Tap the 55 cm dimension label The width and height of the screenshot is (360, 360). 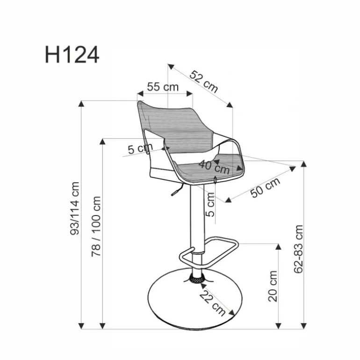pyautogui.click(x=163, y=87)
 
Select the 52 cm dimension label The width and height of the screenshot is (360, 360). pyautogui.click(x=204, y=82)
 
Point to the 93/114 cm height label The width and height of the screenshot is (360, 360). pyautogui.click(x=75, y=209)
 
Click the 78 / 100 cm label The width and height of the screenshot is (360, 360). pyautogui.click(x=96, y=226)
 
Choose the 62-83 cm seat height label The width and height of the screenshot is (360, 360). pyautogui.click(x=298, y=249)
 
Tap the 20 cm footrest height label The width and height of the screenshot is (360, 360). pyautogui.click(x=273, y=286)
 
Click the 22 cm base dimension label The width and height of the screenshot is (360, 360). pyautogui.click(x=212, y=303)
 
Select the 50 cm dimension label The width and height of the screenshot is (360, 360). pyautogui.click(x=265, y=187)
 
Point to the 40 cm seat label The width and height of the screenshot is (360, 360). pyautogui.click(x=214, y=167)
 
